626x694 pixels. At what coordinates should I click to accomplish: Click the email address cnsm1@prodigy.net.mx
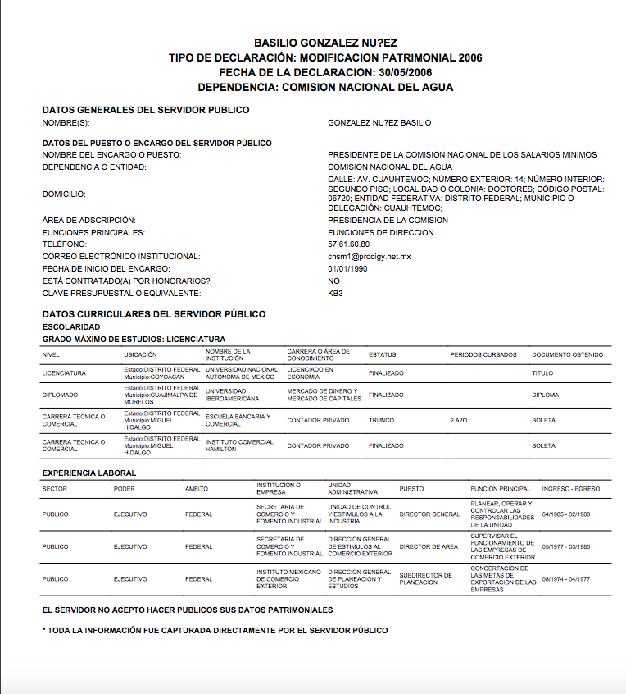pos(369,257)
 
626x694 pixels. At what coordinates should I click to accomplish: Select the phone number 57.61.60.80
pos(348,244)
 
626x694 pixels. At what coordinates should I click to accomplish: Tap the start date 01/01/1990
pos(347,269)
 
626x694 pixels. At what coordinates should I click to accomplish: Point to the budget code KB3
pos(335,294)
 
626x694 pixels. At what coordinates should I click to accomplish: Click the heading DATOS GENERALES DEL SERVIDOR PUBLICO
pos(146,110)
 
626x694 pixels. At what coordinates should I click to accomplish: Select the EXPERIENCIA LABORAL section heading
pos(89,473)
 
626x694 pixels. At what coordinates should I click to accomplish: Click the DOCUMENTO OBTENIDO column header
pos(567,355)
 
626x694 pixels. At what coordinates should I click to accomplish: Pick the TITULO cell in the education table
pos(542,373)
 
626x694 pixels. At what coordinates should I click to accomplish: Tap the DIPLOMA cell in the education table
pos(545,395)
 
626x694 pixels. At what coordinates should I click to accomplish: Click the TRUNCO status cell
pos(381,421)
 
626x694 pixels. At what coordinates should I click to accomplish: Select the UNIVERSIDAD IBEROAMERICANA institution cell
pos(232,395)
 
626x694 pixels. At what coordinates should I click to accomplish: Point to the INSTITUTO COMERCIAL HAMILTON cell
pos(239,445)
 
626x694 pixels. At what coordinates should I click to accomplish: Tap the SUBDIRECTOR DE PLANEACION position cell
pos(425,579)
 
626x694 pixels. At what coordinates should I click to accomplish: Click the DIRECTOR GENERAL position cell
pos(429,514)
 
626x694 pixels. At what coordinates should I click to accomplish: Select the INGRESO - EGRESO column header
pos(570,489)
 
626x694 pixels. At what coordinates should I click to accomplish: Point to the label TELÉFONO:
pos(64,244)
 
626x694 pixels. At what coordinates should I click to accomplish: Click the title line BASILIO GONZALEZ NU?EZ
pos(325,43)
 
